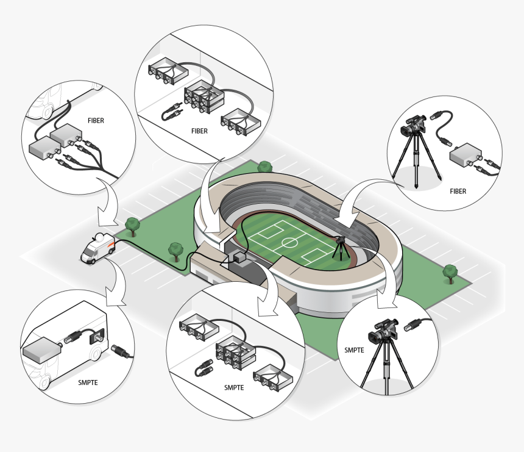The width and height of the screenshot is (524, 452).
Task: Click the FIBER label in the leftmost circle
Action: tap(96, 120)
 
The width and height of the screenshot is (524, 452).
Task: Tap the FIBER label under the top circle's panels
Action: tap(199, 131)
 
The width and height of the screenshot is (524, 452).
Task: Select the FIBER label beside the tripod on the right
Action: tap(458, 192)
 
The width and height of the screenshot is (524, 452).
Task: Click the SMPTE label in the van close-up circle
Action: tap(88, 382)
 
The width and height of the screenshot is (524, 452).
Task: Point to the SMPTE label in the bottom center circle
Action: tap(234, 387)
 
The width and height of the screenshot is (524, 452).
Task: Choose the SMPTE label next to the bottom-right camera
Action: tap(354, 350)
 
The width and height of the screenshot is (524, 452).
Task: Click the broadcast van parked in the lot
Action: tap(98, 248)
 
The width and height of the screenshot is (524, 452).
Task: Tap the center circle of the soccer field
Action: tap(288, 242)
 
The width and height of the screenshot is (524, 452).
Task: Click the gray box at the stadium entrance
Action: tap(239, 257)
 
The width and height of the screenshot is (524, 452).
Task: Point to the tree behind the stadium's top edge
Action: tap(265, 167)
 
